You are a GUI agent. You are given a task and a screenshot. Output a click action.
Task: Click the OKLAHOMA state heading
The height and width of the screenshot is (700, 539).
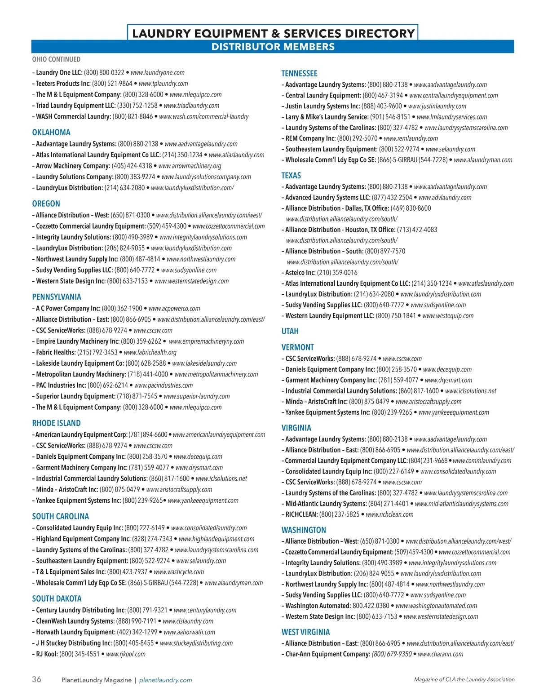[51, 133]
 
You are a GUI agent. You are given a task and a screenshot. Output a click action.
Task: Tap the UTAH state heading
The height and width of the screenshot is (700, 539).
[290, 331]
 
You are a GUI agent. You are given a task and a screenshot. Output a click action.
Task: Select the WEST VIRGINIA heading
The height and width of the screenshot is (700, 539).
[305, 632]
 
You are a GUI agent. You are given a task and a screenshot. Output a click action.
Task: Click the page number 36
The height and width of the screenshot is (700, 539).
[36, 679]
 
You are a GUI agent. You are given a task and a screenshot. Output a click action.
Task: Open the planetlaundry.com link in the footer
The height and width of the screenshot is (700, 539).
[165, 680]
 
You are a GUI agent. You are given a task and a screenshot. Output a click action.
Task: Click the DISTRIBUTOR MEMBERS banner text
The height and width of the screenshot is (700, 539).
[273, 47]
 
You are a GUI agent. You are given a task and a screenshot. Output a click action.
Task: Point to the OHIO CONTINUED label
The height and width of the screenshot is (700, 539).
[56, 59]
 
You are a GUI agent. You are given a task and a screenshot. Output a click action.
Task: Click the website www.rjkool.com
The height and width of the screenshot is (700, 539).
[126, 654]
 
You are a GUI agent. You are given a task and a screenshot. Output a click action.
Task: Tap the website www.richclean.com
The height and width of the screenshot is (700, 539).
[389, 514]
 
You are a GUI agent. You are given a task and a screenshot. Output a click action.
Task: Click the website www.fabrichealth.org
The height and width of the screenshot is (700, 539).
[150, 352]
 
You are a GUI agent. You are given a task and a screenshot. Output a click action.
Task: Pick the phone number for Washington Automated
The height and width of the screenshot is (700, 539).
[371, 606]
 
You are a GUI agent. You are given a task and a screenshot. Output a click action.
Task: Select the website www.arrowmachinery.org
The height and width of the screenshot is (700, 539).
[190, 166]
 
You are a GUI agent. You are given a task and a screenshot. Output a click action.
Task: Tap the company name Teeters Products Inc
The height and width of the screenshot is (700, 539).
[63, 84]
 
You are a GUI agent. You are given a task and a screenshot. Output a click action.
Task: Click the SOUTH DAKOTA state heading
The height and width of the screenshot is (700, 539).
[57, 598]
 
